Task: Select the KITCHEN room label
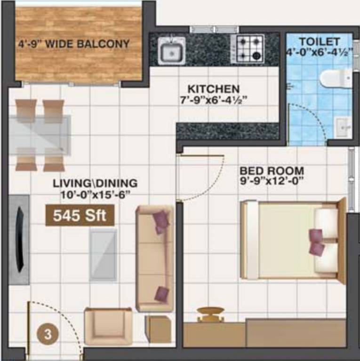(x=213, y=89)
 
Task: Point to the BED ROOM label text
(x=272, y=171)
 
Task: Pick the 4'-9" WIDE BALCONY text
(x=74, y=45)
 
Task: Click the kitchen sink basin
(x=171, y=51)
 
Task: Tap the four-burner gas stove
(x=248, y=49)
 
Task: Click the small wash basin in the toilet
(x=343, y=126)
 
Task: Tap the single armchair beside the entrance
(x=108, y=327)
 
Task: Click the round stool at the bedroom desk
(x=210, y=313)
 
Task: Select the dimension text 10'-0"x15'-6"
(x=95, y=193)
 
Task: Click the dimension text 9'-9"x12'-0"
(x=272, y=180)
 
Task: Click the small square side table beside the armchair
(x=158, y=329)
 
